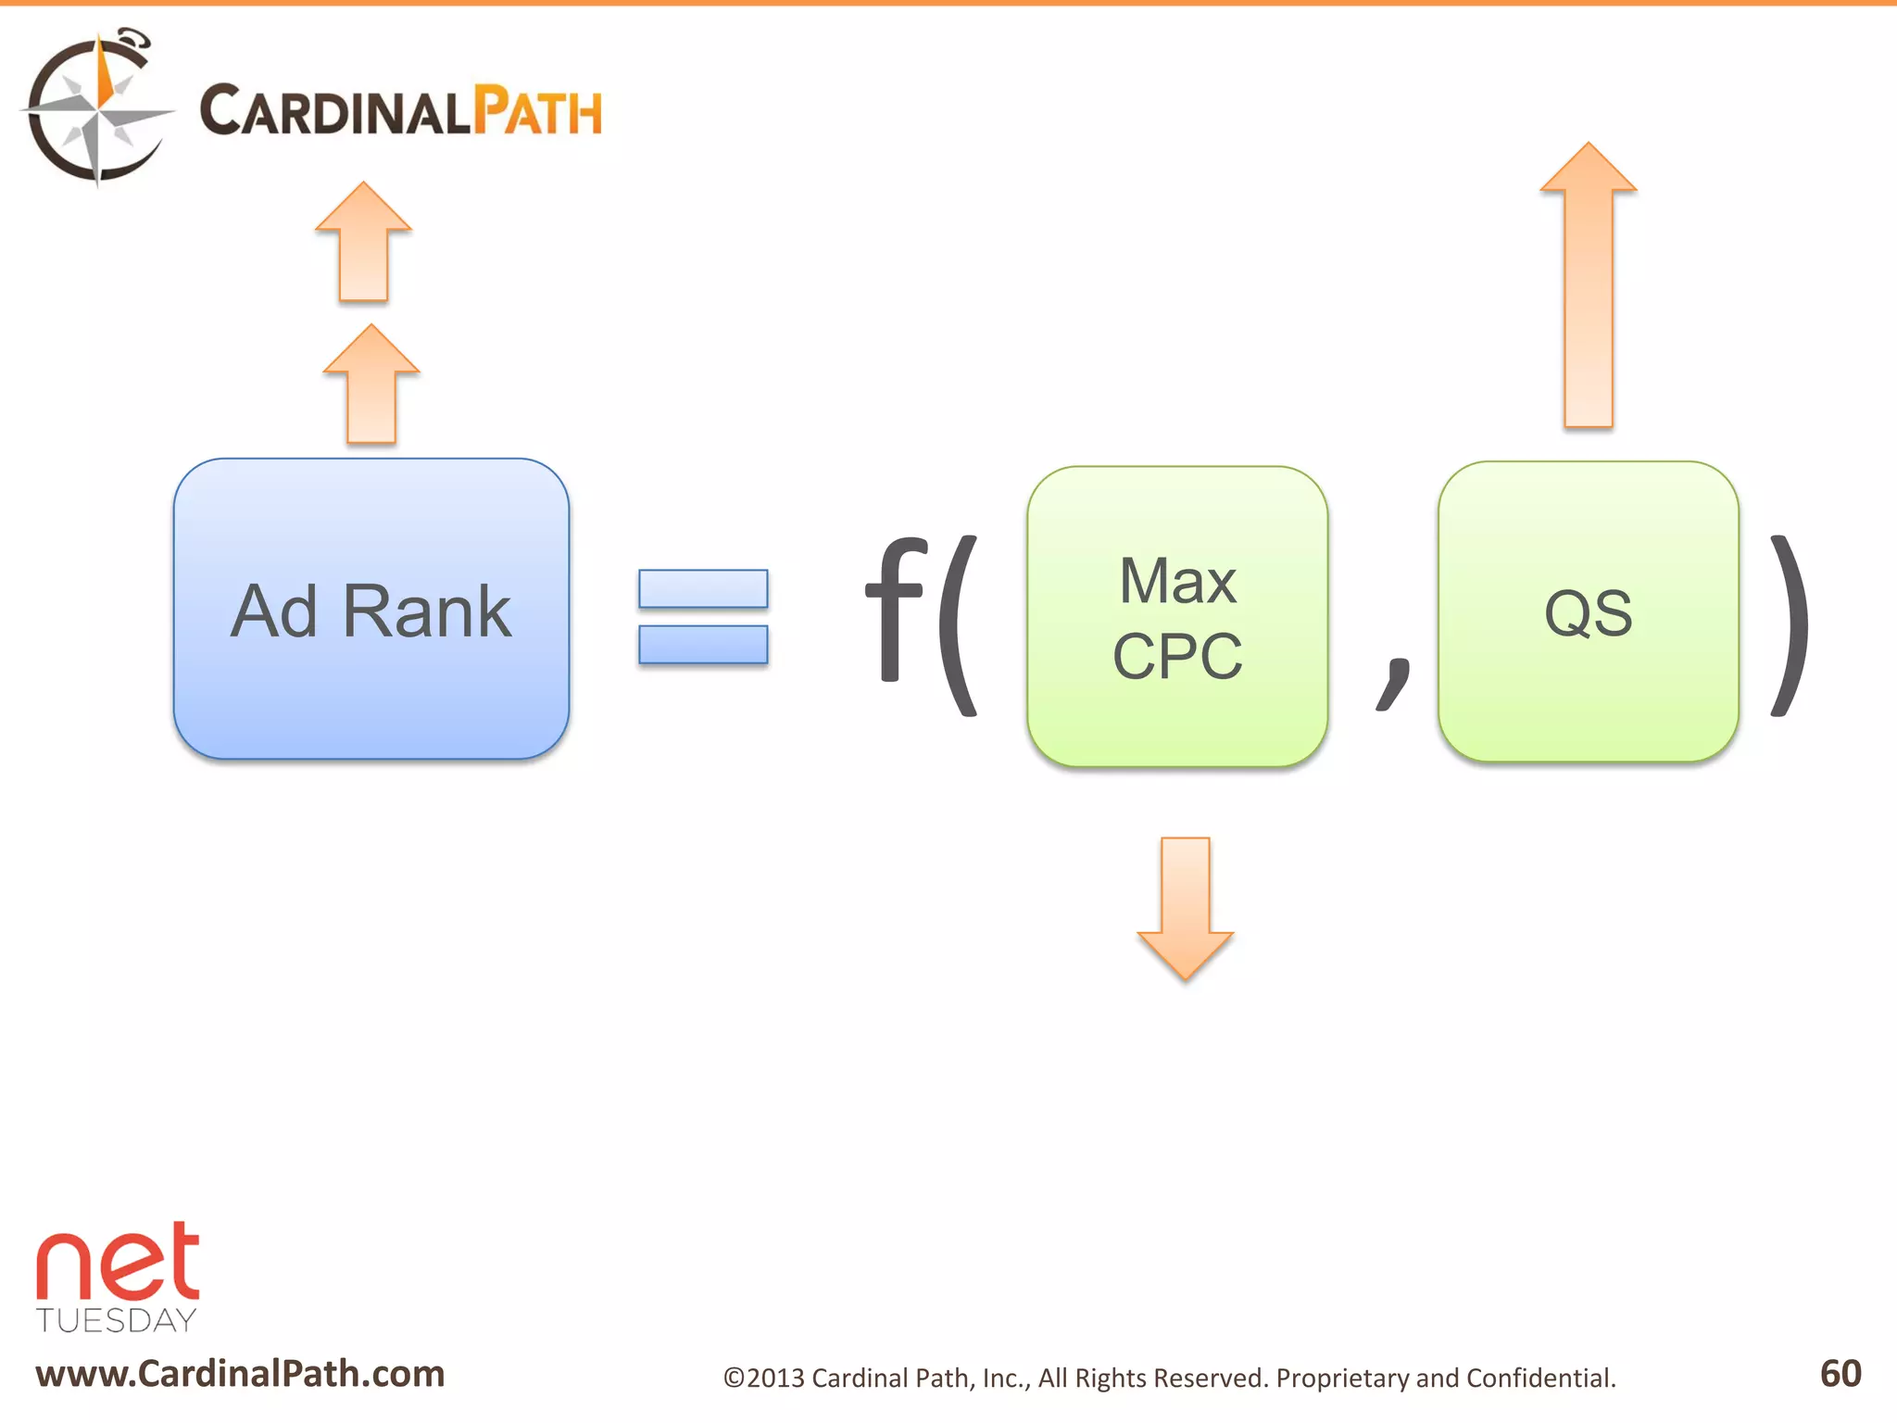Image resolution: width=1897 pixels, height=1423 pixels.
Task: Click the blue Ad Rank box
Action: pyautogui.click(x=371, y=609)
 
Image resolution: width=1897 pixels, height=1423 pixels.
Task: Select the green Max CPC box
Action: pyautogui.click(x=1177, y=617)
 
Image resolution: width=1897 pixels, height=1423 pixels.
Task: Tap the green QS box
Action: pyautogui.click(x=1588, y=612)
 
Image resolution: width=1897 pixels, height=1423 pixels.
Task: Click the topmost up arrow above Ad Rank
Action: pyautogui.click(x=363, y=243)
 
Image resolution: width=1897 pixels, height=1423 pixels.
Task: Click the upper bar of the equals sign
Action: pyautogui.click(x=703, y=589)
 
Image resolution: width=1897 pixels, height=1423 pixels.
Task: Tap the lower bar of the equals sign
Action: pyautogui.click(x=703, y=645)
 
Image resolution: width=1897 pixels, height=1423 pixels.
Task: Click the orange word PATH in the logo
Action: pyautogui.click(x=537, y=112)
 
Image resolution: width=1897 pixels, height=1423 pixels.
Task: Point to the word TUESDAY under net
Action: pyautogui.click(x=117, y=1320)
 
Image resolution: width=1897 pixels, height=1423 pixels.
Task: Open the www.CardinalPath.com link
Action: pyautogui.click(x=240, y=1374)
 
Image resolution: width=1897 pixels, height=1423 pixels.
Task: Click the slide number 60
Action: pyautogui.click(x=1840, y=1373)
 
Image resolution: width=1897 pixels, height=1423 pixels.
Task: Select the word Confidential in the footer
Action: pyautogui.click(x=1540, y=1379)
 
